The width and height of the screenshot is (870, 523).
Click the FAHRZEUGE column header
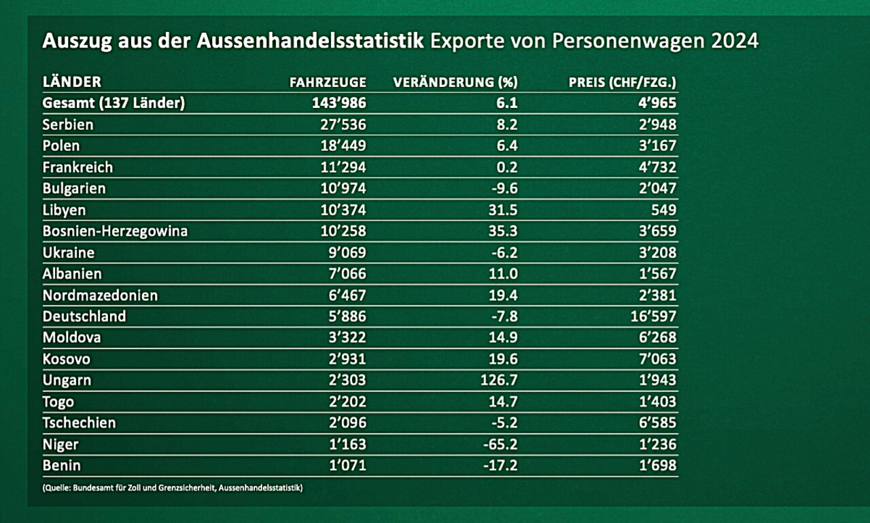tap(328, 82)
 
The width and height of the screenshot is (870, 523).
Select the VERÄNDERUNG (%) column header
tap(455, 82)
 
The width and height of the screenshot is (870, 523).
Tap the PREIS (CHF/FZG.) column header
tap(623, 82)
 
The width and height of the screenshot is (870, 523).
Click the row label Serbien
tap(68, 125)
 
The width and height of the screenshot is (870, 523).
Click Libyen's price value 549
tap(663, 210)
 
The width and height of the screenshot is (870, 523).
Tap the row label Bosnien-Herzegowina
tap(115, 231)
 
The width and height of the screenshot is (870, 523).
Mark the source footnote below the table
tap(172, 488)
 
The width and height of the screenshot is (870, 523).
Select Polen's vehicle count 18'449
tap(343, 146)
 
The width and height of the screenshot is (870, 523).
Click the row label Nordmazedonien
tap(100, 295)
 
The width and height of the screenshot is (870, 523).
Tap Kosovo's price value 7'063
tap(657, 359)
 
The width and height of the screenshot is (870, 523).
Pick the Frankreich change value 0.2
tap(507, 167)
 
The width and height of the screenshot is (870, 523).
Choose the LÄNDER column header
tap(72, 82)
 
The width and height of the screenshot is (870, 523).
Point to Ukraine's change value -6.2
tap(502, 253)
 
